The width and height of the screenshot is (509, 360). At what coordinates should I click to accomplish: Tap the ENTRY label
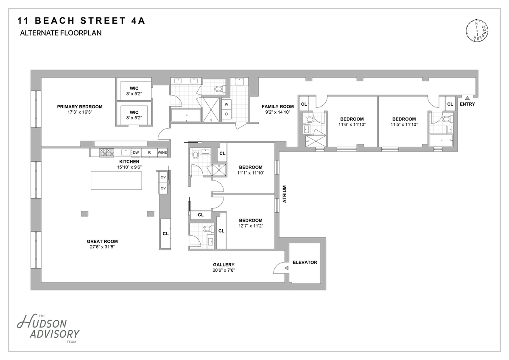click(x=467, y=104)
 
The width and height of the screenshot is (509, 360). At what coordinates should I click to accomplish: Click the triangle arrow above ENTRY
click(x=467, y=98)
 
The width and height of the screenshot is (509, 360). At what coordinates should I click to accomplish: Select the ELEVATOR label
click(x=305, y=262)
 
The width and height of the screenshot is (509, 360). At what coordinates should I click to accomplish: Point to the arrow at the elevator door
click(x=286, y=268)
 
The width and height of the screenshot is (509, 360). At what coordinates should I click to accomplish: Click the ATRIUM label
click(x=285, y=194)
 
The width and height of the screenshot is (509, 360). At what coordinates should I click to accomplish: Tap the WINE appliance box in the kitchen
click(x=162, y=152)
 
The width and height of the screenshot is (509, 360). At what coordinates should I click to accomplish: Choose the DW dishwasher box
click(x=136, y=152)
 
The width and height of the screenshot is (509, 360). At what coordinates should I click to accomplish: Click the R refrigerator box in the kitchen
click(x=149, y=152)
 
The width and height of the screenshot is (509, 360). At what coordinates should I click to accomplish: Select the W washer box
click(x=227, y=104)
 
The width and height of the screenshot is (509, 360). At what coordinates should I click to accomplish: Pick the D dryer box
click(x=227, y=114)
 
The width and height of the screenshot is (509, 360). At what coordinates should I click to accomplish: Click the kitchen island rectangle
click(x=116, y=180)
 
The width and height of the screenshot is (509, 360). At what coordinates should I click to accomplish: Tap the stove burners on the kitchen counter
click(x=107, y=152)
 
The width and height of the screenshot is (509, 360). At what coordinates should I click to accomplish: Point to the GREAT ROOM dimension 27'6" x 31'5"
click(x=102, y=247)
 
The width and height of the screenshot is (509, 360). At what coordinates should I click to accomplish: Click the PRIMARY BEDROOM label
click(x=80, y=107)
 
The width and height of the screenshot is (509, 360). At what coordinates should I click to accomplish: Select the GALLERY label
click(x=224, y=265)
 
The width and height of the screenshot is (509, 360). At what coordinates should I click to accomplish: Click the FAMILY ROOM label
click(x=278, y=107)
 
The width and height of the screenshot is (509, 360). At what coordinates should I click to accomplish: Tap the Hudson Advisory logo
click(x=48, y=328)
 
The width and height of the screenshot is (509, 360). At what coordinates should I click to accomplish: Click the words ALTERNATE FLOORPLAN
click(x=61, y=33)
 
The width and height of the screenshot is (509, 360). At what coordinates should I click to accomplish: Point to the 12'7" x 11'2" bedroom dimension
click(x=251, y=226)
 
